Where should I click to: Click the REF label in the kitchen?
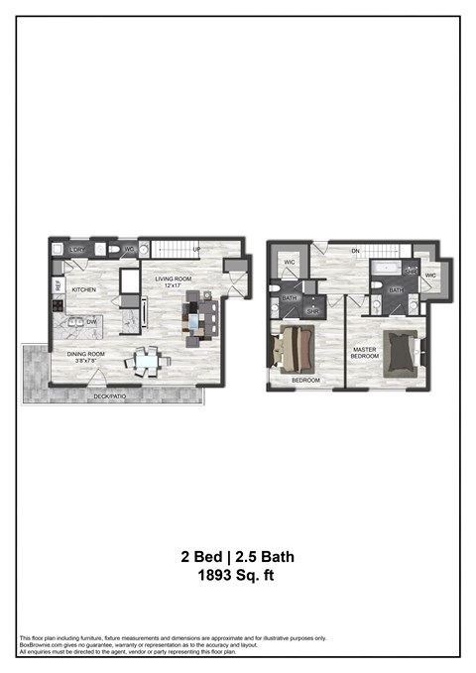tap(59, 285)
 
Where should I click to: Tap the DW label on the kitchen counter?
tap(91, 321)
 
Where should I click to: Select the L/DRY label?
tap(77, 250)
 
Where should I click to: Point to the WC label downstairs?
tap(129, 250)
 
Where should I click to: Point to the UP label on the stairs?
tap(197, 249)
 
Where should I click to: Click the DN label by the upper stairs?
tap(354, 251)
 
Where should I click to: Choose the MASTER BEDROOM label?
tap(365, 354)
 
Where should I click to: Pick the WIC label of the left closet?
tap(290, 263)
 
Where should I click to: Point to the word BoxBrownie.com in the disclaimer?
tap(41, 644)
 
